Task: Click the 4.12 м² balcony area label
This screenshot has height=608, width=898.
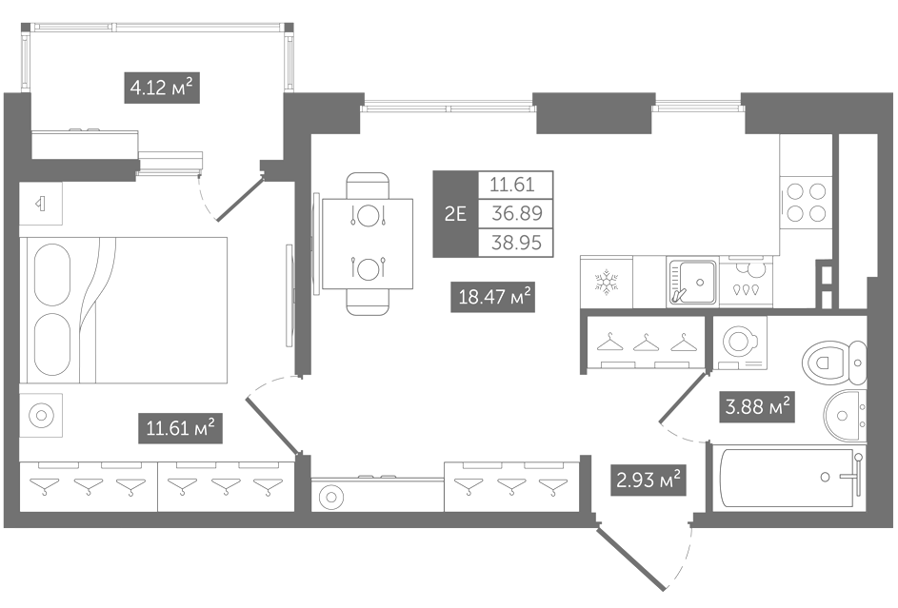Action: (x=162, y=88)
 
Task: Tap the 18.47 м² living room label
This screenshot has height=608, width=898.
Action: (x=493, y=297)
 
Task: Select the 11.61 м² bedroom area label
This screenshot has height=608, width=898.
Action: (x=180, y=428)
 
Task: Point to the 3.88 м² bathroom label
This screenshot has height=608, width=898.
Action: (x=757, y=406)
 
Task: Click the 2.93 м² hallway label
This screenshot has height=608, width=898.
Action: (x=649, y=480)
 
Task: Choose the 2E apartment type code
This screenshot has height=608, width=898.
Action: (x=455, y=214)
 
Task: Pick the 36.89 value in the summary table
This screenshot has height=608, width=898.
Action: (x=516, y=213)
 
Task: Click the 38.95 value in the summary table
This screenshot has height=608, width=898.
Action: (x=516, y=243)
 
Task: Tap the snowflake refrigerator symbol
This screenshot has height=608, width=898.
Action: (x=607, y=283)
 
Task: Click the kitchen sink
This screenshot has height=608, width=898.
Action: (x=692, y=282)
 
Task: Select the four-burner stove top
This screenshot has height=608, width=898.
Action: (x=806, y=203)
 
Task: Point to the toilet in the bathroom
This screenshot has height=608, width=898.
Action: (x=834, y=363)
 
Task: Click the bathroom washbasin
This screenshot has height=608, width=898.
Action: (x=846, y=416)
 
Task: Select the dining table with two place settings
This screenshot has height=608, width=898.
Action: (x=367, y=244)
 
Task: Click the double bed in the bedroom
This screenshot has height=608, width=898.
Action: (x=124, y=310)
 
